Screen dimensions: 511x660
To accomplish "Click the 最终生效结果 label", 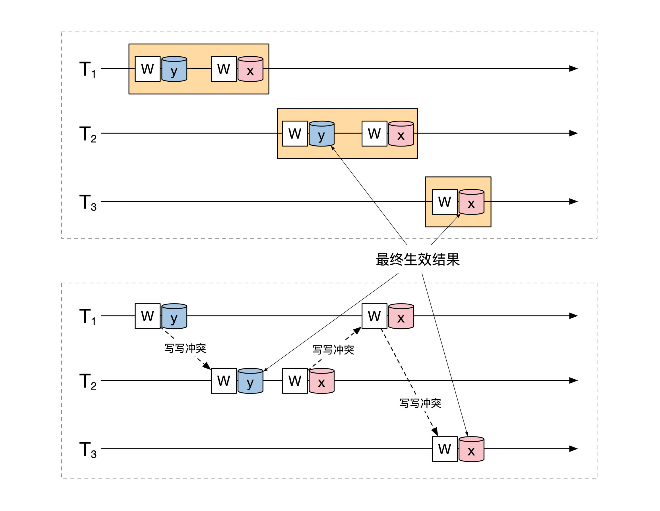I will point(418,259).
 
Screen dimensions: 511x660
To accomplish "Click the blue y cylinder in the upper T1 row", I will point(174,69).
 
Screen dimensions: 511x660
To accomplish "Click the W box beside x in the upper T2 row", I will point(374,133).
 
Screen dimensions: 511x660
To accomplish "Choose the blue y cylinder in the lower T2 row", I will point(250,381).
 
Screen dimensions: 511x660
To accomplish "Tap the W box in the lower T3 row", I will point(445,449).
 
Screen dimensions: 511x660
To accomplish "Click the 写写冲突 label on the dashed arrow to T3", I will point(420,403).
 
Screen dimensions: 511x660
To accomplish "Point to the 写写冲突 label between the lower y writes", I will point(185,349).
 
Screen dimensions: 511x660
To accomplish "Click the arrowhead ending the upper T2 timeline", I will point(573,133).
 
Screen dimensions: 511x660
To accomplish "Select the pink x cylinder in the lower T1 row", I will point(401,316).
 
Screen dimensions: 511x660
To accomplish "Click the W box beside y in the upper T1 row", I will point(147,69).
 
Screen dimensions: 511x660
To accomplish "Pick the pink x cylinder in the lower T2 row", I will point(321,381).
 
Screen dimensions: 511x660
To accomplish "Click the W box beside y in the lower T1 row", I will point(147,316).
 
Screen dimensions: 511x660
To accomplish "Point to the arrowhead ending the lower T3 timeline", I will point(573,449).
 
